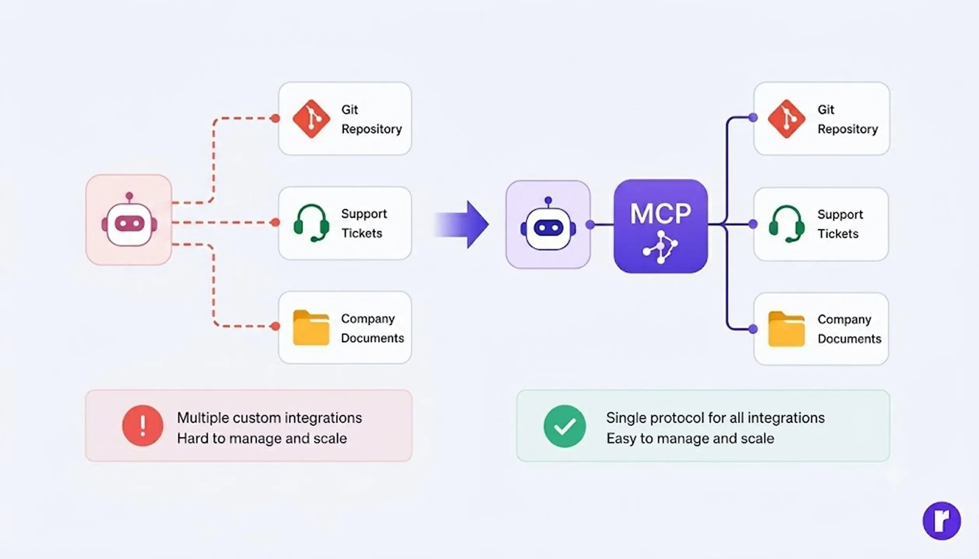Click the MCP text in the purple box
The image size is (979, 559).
click(x=661, y=214)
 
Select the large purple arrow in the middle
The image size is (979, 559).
click(x=462, y=225)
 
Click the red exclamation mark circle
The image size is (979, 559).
click(x=143, y=425)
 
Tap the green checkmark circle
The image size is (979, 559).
click(x=565, y=426)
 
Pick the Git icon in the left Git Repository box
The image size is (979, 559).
click(x=311, y=119)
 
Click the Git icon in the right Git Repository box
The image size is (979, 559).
click(x=787, y=119)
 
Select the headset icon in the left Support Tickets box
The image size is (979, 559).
click(x=311, y=223)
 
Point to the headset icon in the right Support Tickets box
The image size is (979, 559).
click(x=787, y=224)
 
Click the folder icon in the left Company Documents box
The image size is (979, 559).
click(x=311, y=327)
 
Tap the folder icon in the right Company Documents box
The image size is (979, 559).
click(x=787, y=329)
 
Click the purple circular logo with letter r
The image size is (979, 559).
click(x=942, y=521)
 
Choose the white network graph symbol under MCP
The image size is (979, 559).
click(x=661, y=247)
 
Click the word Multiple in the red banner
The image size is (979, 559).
click(x=202, y=418)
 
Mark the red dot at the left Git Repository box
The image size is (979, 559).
click(x=275, y=118)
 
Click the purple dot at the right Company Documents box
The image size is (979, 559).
click(x=753, y=329)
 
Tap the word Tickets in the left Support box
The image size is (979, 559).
click(x=362, y=233)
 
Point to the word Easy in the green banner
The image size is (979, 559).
click(x=621, y=439)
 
